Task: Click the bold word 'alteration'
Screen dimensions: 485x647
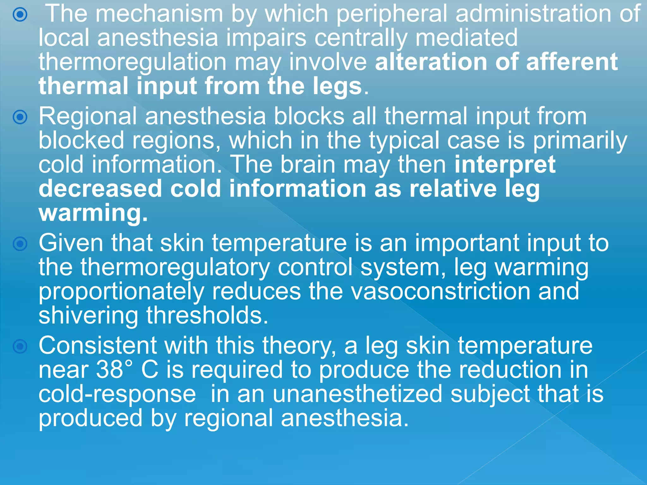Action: coord(431,62)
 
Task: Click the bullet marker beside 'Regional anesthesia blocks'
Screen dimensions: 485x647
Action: coord(20,117)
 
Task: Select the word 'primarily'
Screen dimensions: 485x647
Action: coord(580,141)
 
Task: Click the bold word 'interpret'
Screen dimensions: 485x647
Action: coord(505,165)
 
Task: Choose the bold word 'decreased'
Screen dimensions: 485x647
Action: coord(100,189)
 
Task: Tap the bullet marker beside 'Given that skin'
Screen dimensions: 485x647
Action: coord(20,244)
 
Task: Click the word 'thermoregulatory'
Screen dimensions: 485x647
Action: coord(154,267)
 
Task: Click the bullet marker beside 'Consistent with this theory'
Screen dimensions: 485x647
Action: coord(20,347)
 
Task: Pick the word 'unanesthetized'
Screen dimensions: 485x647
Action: coord(357,394)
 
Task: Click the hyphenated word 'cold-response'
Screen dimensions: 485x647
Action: coord(117,394)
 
